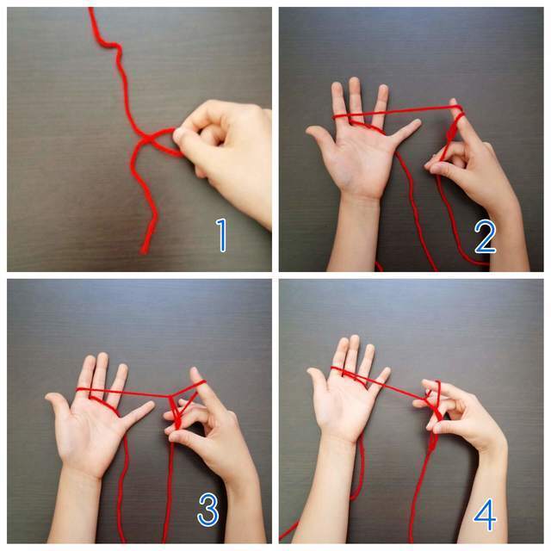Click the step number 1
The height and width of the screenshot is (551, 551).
(x=221, y=235)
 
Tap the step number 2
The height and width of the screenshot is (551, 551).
(x=485, y=236)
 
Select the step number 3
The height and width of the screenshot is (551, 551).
(x=208, y=509)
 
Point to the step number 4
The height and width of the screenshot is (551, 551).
(x=486, y=515)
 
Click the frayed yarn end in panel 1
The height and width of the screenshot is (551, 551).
(x=144, y=249)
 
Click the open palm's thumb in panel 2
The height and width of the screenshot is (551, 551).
(x=320, y=138)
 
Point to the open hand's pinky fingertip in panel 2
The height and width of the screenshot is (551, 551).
(x=417, y=122)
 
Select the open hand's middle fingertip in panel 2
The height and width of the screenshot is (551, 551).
(x=355, y=82)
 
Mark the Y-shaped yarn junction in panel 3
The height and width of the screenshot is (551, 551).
(x=171, y=396)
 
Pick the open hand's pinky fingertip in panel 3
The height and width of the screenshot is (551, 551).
(x=150, y=405)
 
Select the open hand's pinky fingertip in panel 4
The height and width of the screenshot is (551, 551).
(x=387, y=371)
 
